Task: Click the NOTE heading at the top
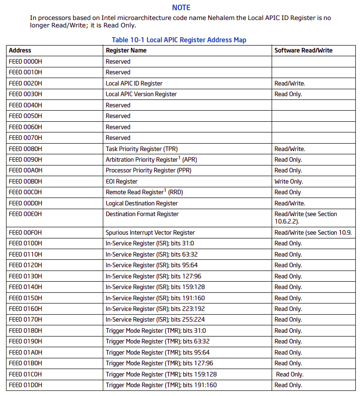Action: (181, 7)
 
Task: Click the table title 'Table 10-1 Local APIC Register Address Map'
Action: (179, 40)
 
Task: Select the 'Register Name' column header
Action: (126, 50)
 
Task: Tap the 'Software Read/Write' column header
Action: (303, 50)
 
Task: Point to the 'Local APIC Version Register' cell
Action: (141, 94)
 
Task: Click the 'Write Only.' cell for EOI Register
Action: (288, 181)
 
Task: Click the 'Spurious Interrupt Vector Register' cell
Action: (150, 232)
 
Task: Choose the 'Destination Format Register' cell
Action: (142, 214)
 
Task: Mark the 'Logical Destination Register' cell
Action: (141, 203)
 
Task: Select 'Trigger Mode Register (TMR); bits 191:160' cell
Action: (161, 385)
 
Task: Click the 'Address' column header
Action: (20, 50)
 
